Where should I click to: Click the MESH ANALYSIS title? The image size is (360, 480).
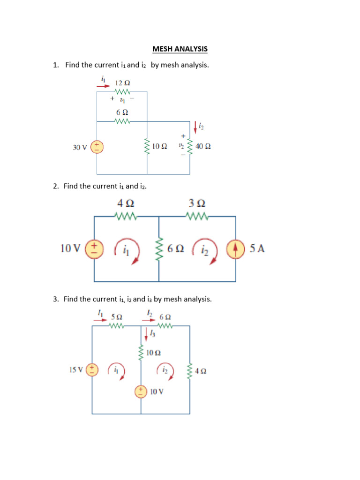tap(180, 49)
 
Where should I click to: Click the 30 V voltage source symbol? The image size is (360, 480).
tap(97, 147)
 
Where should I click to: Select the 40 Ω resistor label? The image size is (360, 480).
tap(203, 146)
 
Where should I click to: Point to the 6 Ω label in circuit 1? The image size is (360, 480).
tap(122, 112)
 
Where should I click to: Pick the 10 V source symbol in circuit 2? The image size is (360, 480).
tap(94, 248)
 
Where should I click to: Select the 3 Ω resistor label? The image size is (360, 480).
tap(197, 203)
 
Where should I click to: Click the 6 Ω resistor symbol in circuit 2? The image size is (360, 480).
tap(159, 249)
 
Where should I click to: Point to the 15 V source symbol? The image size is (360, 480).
tap(92, 370)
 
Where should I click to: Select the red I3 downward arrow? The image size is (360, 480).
tap(146, 334)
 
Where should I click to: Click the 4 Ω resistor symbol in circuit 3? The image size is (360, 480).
tap(190, 371)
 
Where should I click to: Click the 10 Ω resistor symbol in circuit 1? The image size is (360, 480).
tap(147, 147)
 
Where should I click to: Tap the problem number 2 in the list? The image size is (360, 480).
tap(55, 186)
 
